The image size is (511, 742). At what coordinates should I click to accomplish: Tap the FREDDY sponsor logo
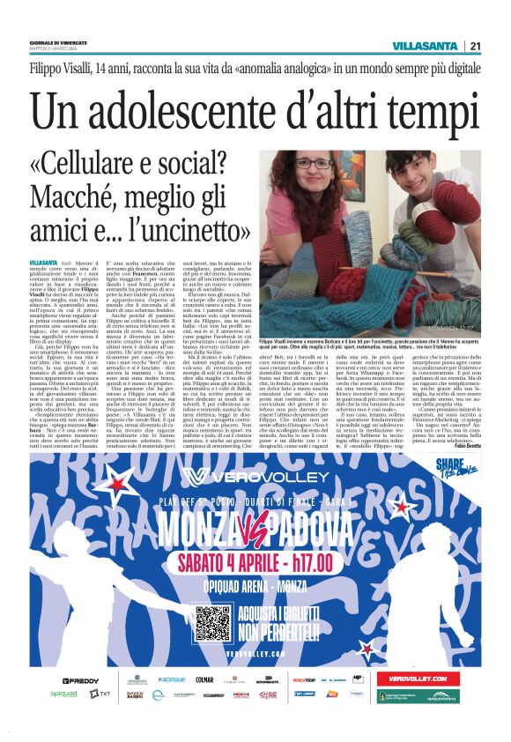pyautogui.click(x=81, y=680)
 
